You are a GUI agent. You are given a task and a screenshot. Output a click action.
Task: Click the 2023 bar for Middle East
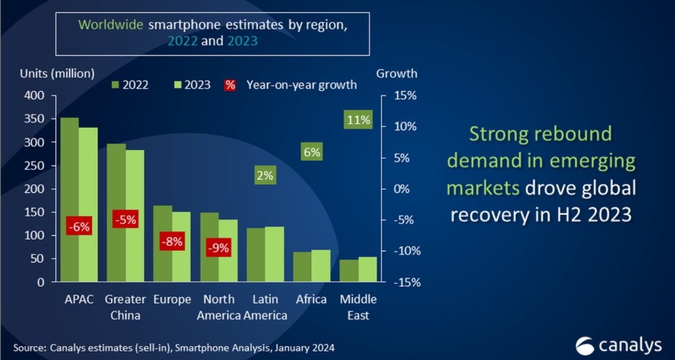click(x=368, y=269)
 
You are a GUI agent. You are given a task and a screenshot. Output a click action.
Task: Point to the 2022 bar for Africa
click(x=303, y=267)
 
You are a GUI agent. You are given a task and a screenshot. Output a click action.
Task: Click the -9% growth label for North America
click(x=218, y=247)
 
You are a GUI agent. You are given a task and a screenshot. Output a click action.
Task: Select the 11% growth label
click(x=358, y=120)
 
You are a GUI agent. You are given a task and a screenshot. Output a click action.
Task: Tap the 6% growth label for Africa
click(x=311, y=152)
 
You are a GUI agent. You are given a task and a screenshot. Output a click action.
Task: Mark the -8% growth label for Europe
click(x=171, y=242)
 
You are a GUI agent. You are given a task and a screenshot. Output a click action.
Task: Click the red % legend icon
click(x=229, y=85)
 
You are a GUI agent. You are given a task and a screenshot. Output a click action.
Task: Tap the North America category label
click(x=219, y=307)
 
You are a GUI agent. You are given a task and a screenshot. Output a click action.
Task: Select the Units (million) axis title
click(x=57, y=73)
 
